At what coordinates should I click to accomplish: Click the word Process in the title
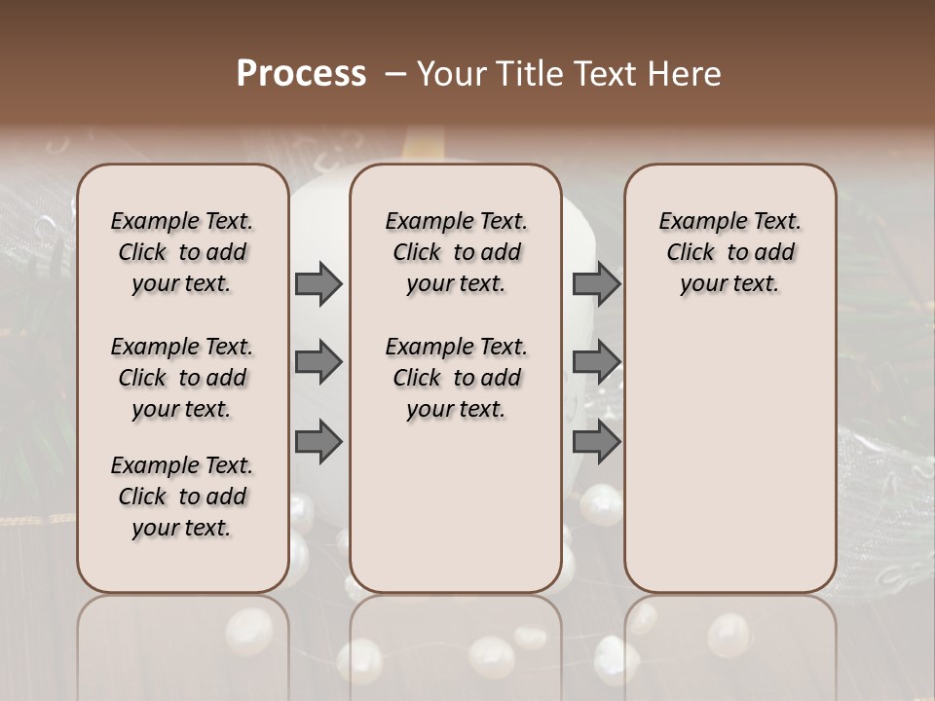(x=301, y=74)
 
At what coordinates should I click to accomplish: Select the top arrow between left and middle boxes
(x=318, y=284)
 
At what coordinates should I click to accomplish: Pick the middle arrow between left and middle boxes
(x=318, y=363)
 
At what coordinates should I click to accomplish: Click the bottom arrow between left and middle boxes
(x=318, y=442)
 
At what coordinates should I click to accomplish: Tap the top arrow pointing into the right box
(x=596, y=284)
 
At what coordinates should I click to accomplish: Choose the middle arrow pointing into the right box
(x=596, y=363)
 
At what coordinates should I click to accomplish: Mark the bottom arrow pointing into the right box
(x=596, y=442)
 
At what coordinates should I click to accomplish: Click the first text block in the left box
(x=182, y=252)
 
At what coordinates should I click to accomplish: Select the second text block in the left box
(x=182, y=378)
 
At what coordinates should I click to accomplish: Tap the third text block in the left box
(x=182, y=497)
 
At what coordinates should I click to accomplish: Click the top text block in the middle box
(x=456, y=252)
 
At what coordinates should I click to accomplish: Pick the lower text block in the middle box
(x=456, y=378)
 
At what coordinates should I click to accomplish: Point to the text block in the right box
(x=730, y=252)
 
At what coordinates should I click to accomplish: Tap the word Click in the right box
(x=691, y=253)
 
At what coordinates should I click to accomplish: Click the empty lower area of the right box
(x=730, y=458)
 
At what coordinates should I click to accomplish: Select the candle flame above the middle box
(x=426, y=146)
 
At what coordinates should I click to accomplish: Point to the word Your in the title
(x=451, y=74)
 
